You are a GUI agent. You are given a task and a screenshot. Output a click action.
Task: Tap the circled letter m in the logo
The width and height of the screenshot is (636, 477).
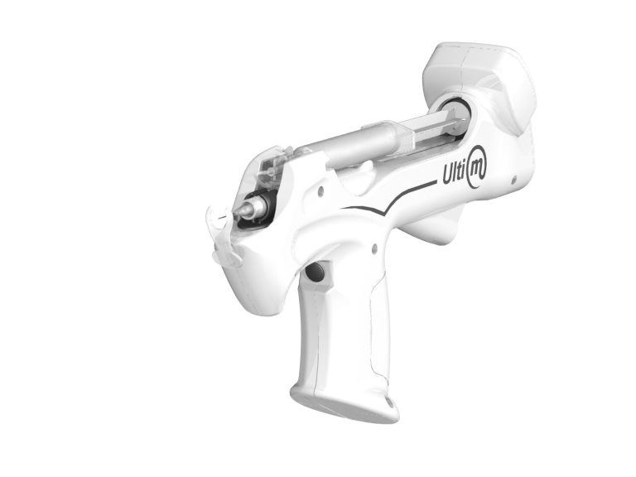pos(477,167)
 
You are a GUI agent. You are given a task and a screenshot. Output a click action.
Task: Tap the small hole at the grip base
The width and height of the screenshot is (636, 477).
pos(390,402)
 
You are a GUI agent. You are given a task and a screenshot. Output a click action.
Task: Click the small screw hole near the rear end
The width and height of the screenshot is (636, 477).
pos(513,178)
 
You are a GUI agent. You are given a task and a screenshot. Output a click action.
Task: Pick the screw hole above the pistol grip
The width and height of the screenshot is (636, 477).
pos(374,248)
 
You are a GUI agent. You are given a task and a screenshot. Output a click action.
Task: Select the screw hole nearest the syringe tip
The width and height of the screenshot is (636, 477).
pos(320,190)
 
